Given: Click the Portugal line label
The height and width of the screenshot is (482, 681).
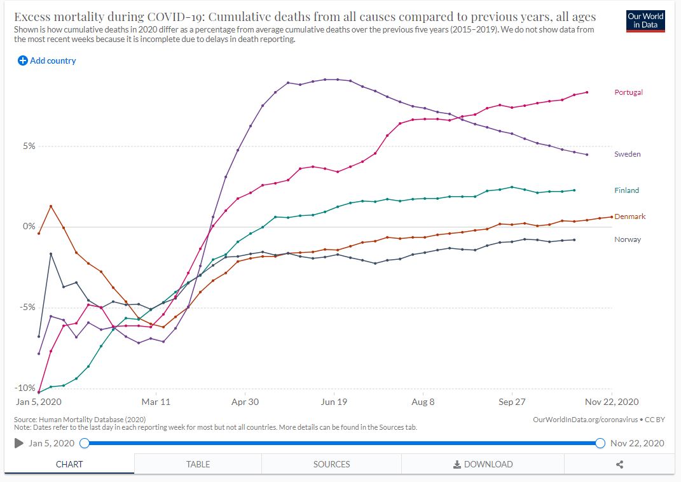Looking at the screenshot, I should point(628,92).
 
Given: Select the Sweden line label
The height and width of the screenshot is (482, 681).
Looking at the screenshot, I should point(627,154).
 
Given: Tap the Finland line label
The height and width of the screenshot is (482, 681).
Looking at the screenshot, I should point(626,190).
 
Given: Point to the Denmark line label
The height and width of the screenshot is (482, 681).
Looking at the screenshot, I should point(629,216).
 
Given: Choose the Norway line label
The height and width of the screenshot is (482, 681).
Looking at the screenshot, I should point(627,239).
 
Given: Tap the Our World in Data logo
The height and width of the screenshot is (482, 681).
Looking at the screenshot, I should point(645,20).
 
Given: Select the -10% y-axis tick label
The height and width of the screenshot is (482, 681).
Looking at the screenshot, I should point(25,388).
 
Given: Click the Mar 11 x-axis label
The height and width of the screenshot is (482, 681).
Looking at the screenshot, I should point(156,402).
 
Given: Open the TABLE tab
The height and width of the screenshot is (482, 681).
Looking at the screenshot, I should point(198,464).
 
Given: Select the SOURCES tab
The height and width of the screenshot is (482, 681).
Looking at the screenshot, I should point(331,464).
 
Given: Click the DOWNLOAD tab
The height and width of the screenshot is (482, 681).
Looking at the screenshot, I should point(483,464).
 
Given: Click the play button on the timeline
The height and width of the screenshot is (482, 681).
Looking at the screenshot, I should point(19,443).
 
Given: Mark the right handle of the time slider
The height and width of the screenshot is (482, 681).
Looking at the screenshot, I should point(600,443).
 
